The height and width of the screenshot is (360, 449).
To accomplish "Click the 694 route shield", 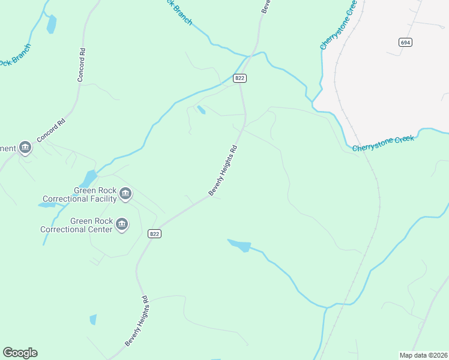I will point(406,42).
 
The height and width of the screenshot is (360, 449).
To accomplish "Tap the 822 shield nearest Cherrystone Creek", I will point(240,78).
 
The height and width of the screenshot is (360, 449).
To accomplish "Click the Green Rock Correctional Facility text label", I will point(80,195).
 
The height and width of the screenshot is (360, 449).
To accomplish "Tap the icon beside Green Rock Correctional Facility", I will point(125,193).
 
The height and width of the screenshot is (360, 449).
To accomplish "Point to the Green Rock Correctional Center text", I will point(76,225).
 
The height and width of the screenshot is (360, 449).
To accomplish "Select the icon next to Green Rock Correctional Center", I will point(121,224).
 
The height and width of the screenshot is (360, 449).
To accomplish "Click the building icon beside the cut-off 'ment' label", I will point(25,147).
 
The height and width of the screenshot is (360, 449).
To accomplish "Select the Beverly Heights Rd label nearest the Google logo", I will point(137,320).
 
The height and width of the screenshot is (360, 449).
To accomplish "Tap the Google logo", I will point(20,353).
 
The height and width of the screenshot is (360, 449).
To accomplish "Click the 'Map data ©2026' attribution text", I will point(423,355).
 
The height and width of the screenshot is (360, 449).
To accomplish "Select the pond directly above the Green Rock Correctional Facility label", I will point(89,178).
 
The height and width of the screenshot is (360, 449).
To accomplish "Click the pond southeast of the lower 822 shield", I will point(240,245).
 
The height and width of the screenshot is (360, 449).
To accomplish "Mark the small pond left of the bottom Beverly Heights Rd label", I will point(92,319).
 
